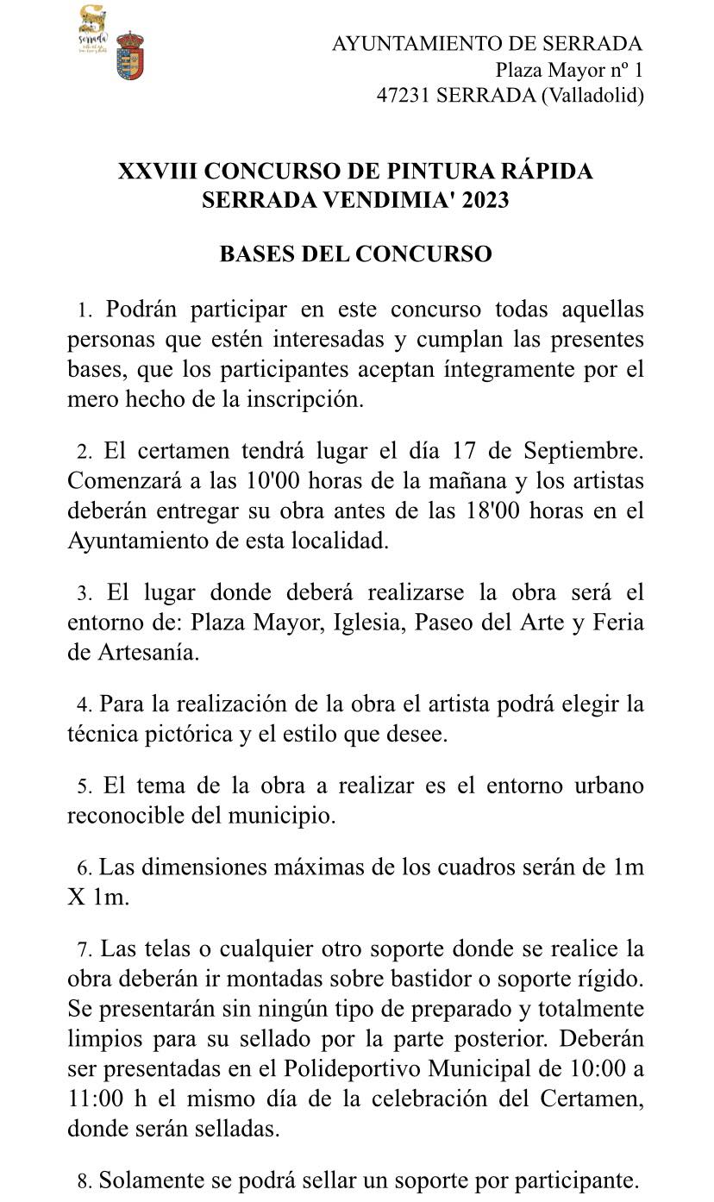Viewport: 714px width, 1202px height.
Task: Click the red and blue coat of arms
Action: tap(129, 55)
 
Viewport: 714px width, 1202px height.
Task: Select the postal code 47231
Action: tap(404, 96)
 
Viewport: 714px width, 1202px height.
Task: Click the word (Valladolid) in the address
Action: tap(592, 96)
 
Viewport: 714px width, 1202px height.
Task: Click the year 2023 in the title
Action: tap(485, 200)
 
